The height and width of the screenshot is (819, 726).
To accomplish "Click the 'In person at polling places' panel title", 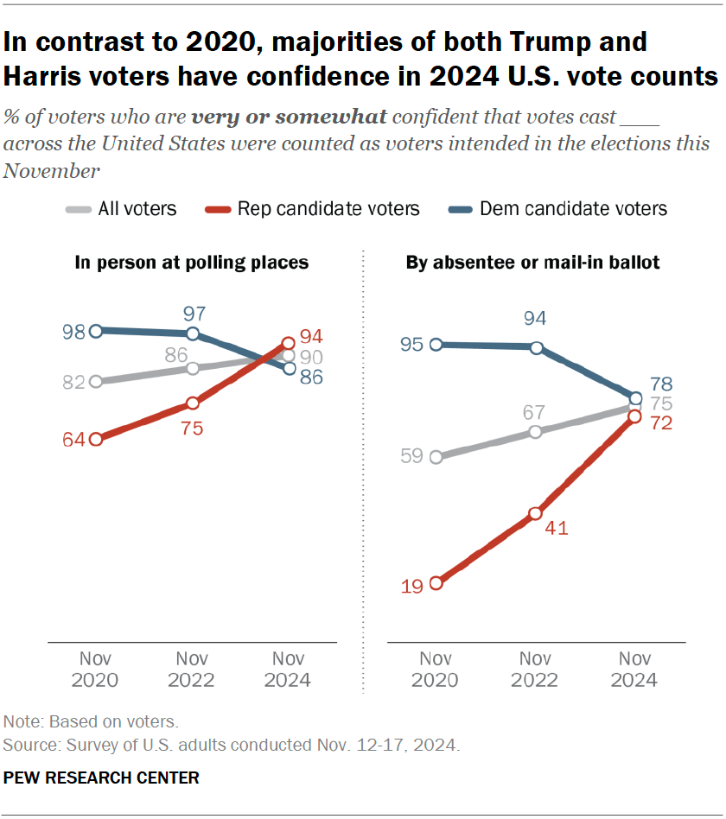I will point(191,262).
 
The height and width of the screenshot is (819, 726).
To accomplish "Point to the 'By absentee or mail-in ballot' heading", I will point(533,262).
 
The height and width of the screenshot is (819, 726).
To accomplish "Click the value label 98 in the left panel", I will point(73,332).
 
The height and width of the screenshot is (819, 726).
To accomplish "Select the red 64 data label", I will point(73,440).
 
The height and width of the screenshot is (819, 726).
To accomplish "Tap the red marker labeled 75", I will point(193,403).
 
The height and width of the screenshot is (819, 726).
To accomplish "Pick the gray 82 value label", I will point(73,382).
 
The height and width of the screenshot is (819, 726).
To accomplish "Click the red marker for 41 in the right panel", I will point(536,514).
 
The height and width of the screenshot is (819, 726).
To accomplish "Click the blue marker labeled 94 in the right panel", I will point(537,348).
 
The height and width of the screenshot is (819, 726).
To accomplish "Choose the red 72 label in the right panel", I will point(661,423).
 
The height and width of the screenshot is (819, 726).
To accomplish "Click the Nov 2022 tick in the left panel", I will point(192,669).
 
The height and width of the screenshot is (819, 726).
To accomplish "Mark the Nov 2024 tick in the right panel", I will point(634,669).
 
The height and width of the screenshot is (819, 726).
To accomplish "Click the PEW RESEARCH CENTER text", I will point(101,778).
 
